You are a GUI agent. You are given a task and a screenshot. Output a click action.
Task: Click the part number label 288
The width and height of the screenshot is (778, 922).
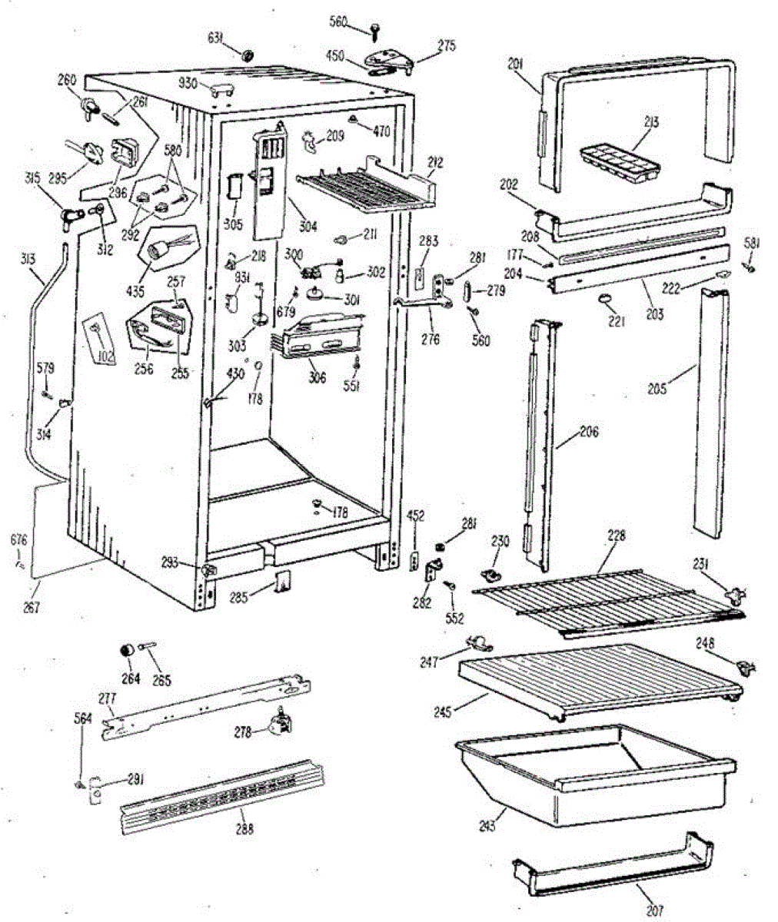(244, 829)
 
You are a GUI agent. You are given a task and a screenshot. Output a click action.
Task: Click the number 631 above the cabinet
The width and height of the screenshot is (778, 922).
(218, 36)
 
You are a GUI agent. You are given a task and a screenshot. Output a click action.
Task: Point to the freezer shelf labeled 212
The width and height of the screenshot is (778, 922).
(361, 187)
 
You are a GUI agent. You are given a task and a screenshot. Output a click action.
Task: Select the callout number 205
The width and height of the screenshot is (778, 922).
(657, 388)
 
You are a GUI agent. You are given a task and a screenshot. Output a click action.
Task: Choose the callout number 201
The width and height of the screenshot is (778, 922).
(514, 67)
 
